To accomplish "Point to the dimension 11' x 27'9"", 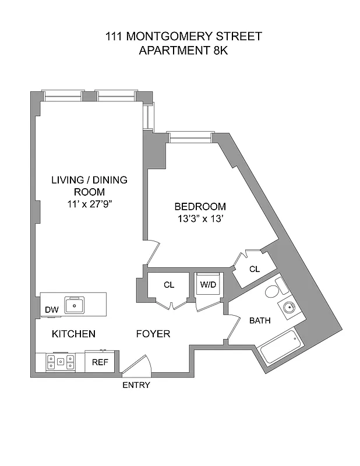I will point(89,204).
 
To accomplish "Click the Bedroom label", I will point(200,207).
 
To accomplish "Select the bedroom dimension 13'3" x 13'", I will point(200,219).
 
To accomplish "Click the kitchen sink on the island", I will point(75,305).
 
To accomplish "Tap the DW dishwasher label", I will point(51,310).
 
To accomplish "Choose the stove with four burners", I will point(61,362).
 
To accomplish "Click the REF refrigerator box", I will point(101,362).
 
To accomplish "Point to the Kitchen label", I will point(73,334).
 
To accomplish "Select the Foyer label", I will point(153,334).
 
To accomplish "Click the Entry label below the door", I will point(136,385).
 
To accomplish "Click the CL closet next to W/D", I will point(169,285).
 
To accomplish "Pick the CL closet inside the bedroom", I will point(254,269).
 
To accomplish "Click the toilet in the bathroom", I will point(276,288).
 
